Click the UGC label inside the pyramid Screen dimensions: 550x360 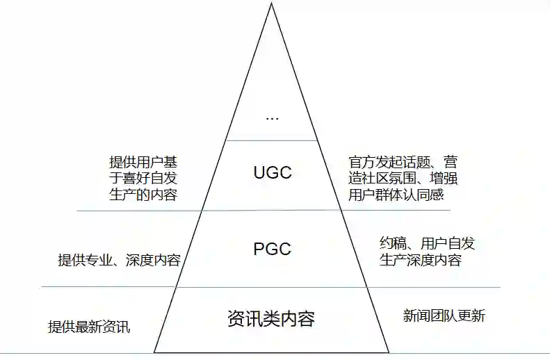tap(273, 172)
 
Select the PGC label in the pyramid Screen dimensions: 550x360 tap(272, 249)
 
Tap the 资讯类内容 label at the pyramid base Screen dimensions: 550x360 tap(271, 319)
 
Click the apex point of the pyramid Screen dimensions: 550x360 tap(271, 4)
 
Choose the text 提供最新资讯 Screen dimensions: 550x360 tap(88, 327)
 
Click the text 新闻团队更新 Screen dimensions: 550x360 tap(444, 316)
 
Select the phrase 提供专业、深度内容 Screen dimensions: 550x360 tap(119, 261)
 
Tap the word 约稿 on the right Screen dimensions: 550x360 tap(393, 243)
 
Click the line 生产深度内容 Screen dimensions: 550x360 tap(420, 261)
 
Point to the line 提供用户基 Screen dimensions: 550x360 tap(148, 162)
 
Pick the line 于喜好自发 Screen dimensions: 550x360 tap(143, 179)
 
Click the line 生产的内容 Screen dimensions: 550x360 tap(143, 195)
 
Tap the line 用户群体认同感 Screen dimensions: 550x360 tap(396, 195)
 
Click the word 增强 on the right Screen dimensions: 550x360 tap(445, 179)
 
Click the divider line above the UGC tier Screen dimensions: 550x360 tap(272, 140)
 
